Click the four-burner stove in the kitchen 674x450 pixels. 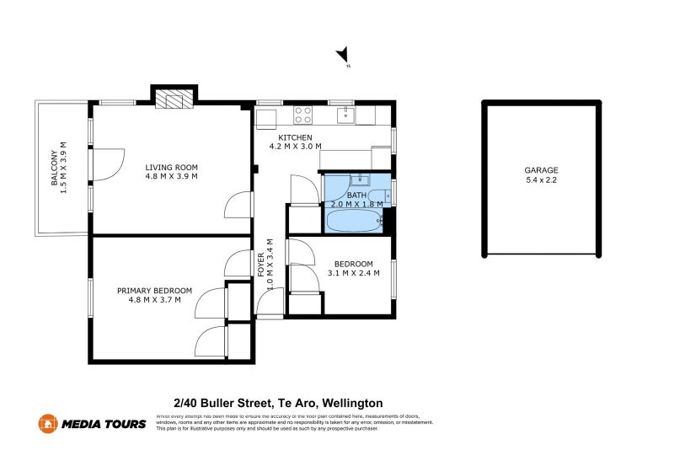tap(303, 115)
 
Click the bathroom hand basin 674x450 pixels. tap(359, 179)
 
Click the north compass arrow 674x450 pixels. tap(343, 56)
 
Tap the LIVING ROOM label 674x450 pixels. tap(171, 167)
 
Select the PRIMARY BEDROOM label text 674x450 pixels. tap(154, 290)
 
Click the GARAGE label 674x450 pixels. tap(541, 170)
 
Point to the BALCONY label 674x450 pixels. tap(55, 168)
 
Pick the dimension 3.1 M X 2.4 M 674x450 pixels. tap(353, 273)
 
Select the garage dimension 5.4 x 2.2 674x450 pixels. tap(541, 180)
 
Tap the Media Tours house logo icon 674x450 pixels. tap(48, 424)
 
